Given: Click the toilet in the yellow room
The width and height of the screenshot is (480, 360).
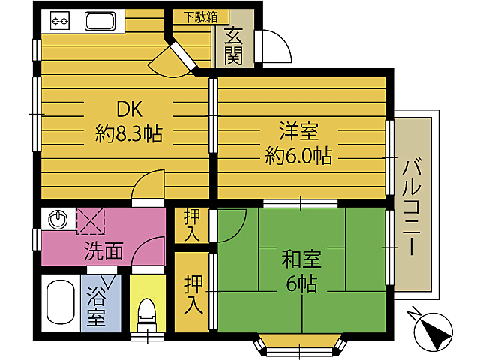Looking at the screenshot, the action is coord(147,315).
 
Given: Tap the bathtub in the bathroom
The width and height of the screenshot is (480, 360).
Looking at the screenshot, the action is coord(61,302).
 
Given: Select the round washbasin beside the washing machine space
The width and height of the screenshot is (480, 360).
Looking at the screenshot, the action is coord(58,219).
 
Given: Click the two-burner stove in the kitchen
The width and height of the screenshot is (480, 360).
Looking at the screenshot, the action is coord(60,21).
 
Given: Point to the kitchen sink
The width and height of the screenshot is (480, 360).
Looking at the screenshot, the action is coord(100,22).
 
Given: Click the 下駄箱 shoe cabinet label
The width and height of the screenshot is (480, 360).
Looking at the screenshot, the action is coord(200,16).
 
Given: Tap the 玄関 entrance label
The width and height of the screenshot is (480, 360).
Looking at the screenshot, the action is coord(234,46).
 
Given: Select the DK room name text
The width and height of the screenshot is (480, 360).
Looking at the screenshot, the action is coord(130,109).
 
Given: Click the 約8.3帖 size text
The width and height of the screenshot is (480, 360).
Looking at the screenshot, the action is coord(128,133).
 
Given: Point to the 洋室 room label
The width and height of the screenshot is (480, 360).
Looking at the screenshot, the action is coord(298,131).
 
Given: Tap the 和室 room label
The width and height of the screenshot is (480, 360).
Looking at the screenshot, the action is coord(301,259).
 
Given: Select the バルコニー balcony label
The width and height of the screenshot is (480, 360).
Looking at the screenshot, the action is coord(412,208).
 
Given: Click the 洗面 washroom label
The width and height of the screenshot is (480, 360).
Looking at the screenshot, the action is coord(103,251).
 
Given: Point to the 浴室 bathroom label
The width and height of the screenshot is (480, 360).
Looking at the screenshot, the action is coord(96,307).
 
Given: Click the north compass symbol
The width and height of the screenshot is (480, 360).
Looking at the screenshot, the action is coord(431,331).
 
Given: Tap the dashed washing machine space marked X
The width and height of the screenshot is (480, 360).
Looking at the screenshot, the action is coord(91,221).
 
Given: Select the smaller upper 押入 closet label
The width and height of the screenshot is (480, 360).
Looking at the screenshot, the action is coord(192,226).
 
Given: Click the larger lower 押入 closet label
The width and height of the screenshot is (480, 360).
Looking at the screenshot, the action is coord(193,294).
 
